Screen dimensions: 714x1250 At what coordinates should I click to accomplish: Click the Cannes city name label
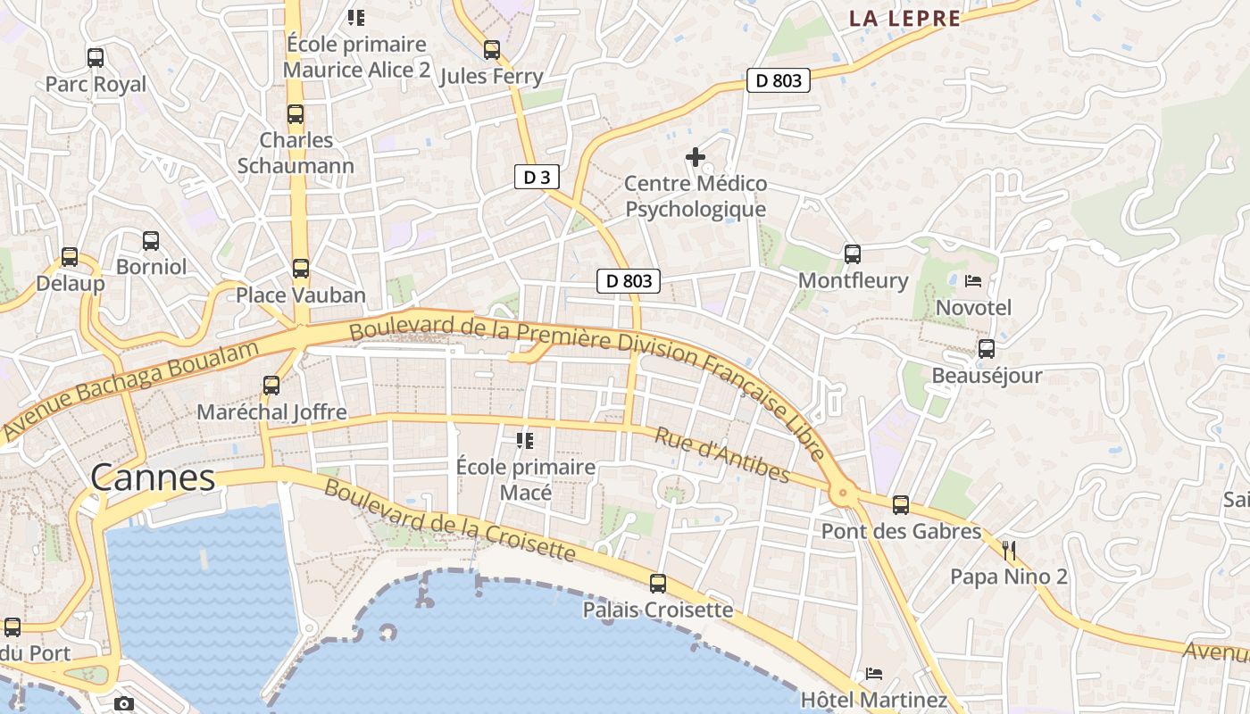(153, 477)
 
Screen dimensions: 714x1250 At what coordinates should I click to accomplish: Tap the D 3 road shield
(537, 177)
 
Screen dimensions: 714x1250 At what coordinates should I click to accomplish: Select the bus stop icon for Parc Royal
(96, 58)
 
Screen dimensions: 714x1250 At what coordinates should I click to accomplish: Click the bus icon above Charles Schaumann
(296, 114)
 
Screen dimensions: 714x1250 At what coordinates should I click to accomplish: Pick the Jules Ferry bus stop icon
(492, 50)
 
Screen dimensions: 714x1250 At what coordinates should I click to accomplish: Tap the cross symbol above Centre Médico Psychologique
(696, 158)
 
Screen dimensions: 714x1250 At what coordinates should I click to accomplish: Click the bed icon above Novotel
(973, 281)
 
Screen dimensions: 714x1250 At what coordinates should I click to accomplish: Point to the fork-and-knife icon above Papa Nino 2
(1009, 550)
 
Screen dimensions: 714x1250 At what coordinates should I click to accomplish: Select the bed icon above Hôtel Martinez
(874, 673)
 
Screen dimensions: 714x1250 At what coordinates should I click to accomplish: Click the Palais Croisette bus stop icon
(658, 584)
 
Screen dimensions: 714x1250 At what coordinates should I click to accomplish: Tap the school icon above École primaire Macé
(525, 440)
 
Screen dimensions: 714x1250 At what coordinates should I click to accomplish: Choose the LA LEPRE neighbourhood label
(904, 18)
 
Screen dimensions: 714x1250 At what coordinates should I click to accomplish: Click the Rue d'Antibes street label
(722, 454)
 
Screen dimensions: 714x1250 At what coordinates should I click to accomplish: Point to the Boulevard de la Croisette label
(449, 520)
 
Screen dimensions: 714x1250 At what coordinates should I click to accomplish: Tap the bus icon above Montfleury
(853, 254)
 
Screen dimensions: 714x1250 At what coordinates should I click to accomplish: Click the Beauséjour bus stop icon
(987, 349)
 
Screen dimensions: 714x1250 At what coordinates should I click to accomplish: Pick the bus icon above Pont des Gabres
(901, 505)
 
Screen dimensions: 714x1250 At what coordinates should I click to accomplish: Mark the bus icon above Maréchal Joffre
(271, 386)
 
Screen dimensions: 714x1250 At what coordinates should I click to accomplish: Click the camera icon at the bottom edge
(124, 703)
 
